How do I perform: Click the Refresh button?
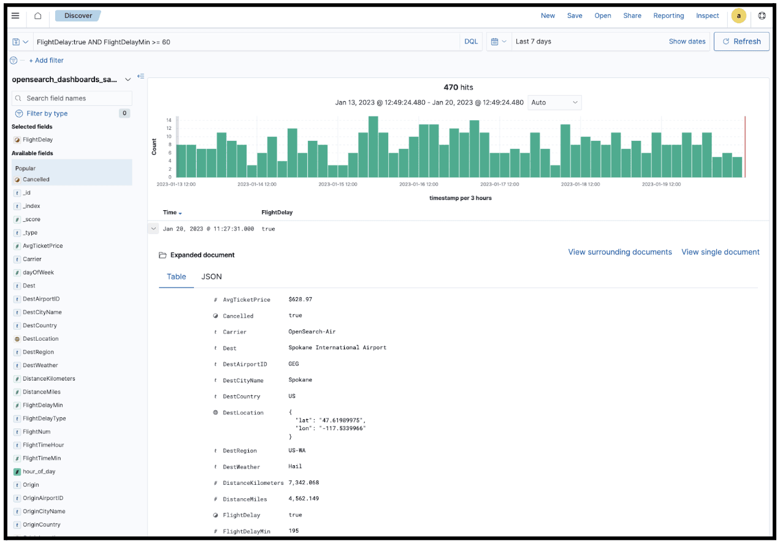(x=741, y=42)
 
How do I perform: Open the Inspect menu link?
(x=707, y=16)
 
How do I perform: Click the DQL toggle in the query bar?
(x=470, y=42)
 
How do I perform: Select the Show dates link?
(x=687, y=42)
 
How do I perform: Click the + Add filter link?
(x=46, y=61)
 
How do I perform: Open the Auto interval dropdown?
(x=554, y=102)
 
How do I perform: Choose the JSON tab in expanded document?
(x=212, y=276)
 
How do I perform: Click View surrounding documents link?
(x=620, y=252)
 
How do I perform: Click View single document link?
(x=720, y=252)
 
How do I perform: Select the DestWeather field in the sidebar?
(x=40, y=365)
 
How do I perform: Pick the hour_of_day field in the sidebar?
(x=39, y=471)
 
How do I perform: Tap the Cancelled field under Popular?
(x=36, y=180)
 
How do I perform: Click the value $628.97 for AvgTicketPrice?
(x=300, y=300)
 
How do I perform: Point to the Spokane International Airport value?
(x=337, y=347)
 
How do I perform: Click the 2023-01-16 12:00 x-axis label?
(x=418, y=184)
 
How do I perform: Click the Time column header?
(x=170, y=213)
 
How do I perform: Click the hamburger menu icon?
(x=15, y=16)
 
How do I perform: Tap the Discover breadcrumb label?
(x=78, y=16)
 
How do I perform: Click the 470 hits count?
(x=458, y=88)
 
